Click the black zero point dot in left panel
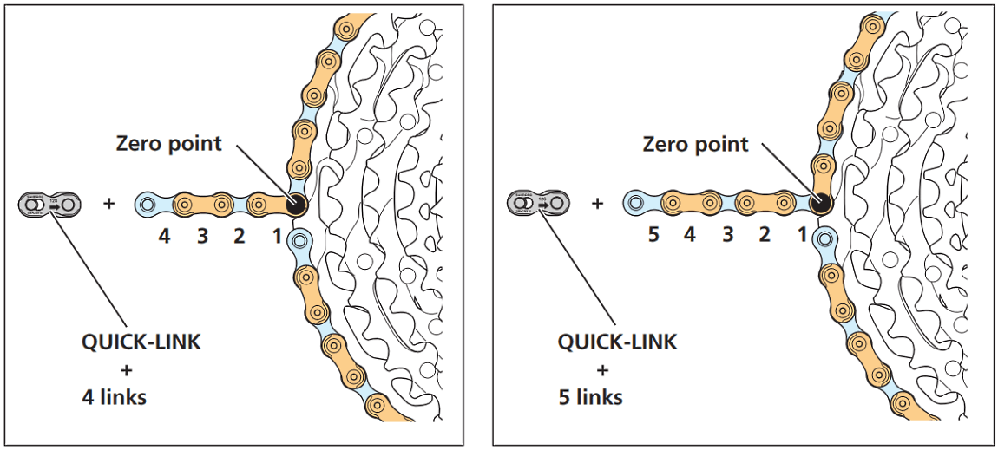pyautogui.click(x=295, y=205)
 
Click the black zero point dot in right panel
pyautogui.click(x=819, y=204)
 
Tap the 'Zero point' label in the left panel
pyautogui.click(x=169, y=143)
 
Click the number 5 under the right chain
pyautogui.click(x=653, y=235)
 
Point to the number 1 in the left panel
pyautogui.click(x=277, y=235)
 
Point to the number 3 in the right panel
pyautogui.click(x=727, y=235)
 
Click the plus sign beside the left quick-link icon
pyautogui.click(x=108, y=205)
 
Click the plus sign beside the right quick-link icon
pyautogui.click(x=597, y=204)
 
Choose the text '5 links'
pyautogui.click(x=591, y=398)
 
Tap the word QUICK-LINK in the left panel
pyautogui.click(x=141, y=342)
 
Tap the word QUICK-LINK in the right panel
pyautogui.click(x=616, y=342)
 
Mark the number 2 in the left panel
pyautogui.click(x=240, y=235)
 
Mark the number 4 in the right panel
pyautogui.click(x=691, y=235)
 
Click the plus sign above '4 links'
pyautogui.click(x=126, y=370)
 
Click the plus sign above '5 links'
pyautogui.click(x=601, y=370)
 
